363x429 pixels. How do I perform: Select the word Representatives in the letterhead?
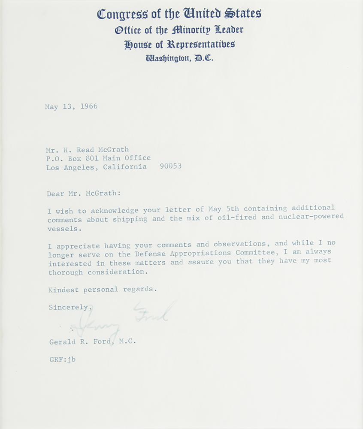tap(201, 44)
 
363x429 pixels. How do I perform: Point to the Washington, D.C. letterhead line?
tap(179, 58)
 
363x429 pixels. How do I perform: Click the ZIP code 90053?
tap(170, 166)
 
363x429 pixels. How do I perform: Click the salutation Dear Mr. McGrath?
tap(84, 193)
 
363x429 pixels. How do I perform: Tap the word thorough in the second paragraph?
tap(65, 273)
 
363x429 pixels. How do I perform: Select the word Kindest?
tap(64, 290)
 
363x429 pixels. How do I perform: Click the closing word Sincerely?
tap(69, 308)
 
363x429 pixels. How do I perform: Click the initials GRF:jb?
tap(62, 360)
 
